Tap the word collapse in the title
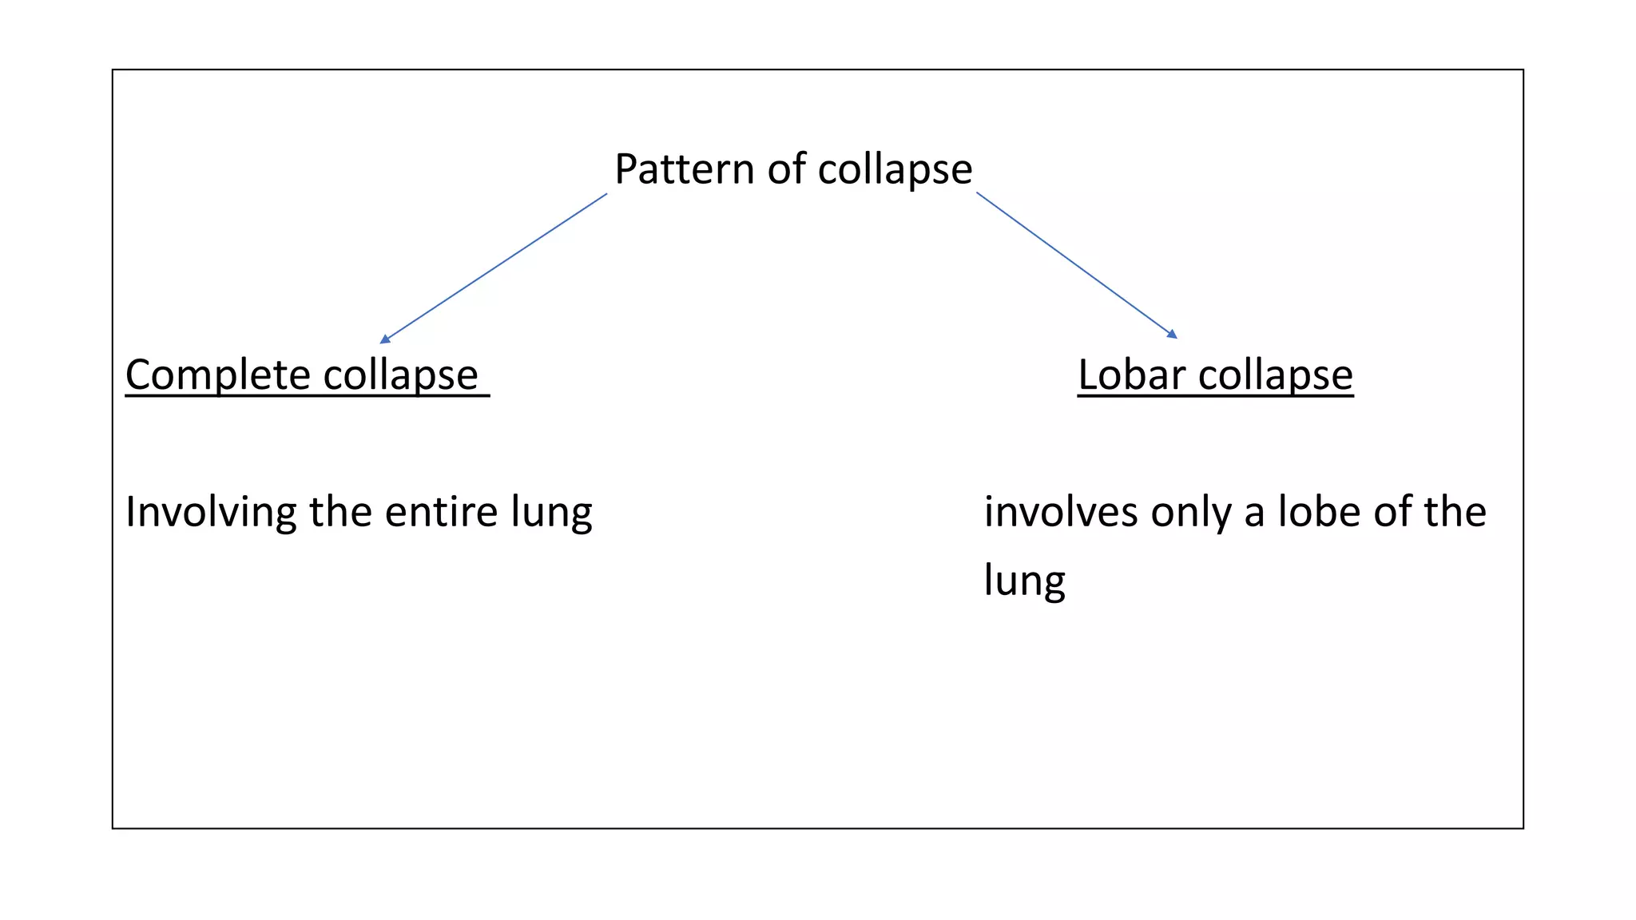click(x=895, y=169)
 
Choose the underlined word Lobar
click(x=1130, y=375)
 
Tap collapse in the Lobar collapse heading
click(x=1275, y=375)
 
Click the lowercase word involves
click(x=1061, y=512)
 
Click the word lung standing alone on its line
click(x=1024, y=581)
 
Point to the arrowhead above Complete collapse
click(x=385, y=339)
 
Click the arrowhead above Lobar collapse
click(x=1172, y=334)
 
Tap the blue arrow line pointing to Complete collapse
click(x=495, y=267)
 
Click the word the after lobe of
click(x=1454, y=512)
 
